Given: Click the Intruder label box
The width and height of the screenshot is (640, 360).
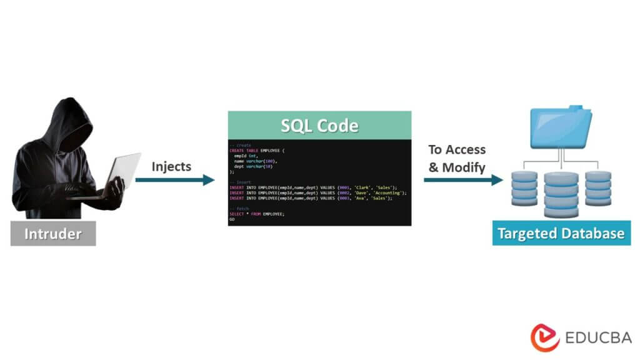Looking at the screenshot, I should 53,234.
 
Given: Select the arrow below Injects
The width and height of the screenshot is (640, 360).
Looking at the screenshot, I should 174,181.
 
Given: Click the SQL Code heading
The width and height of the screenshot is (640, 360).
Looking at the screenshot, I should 319,125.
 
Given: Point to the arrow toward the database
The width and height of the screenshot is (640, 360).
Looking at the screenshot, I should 463,181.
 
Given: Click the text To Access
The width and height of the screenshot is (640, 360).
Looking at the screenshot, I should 457,150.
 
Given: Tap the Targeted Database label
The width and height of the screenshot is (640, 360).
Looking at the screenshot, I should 561,234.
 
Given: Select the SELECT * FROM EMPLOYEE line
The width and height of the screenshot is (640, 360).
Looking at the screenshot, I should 257,214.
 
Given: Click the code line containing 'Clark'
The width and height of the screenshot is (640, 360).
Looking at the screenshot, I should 312,187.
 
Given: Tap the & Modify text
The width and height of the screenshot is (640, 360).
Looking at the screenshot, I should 457,167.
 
